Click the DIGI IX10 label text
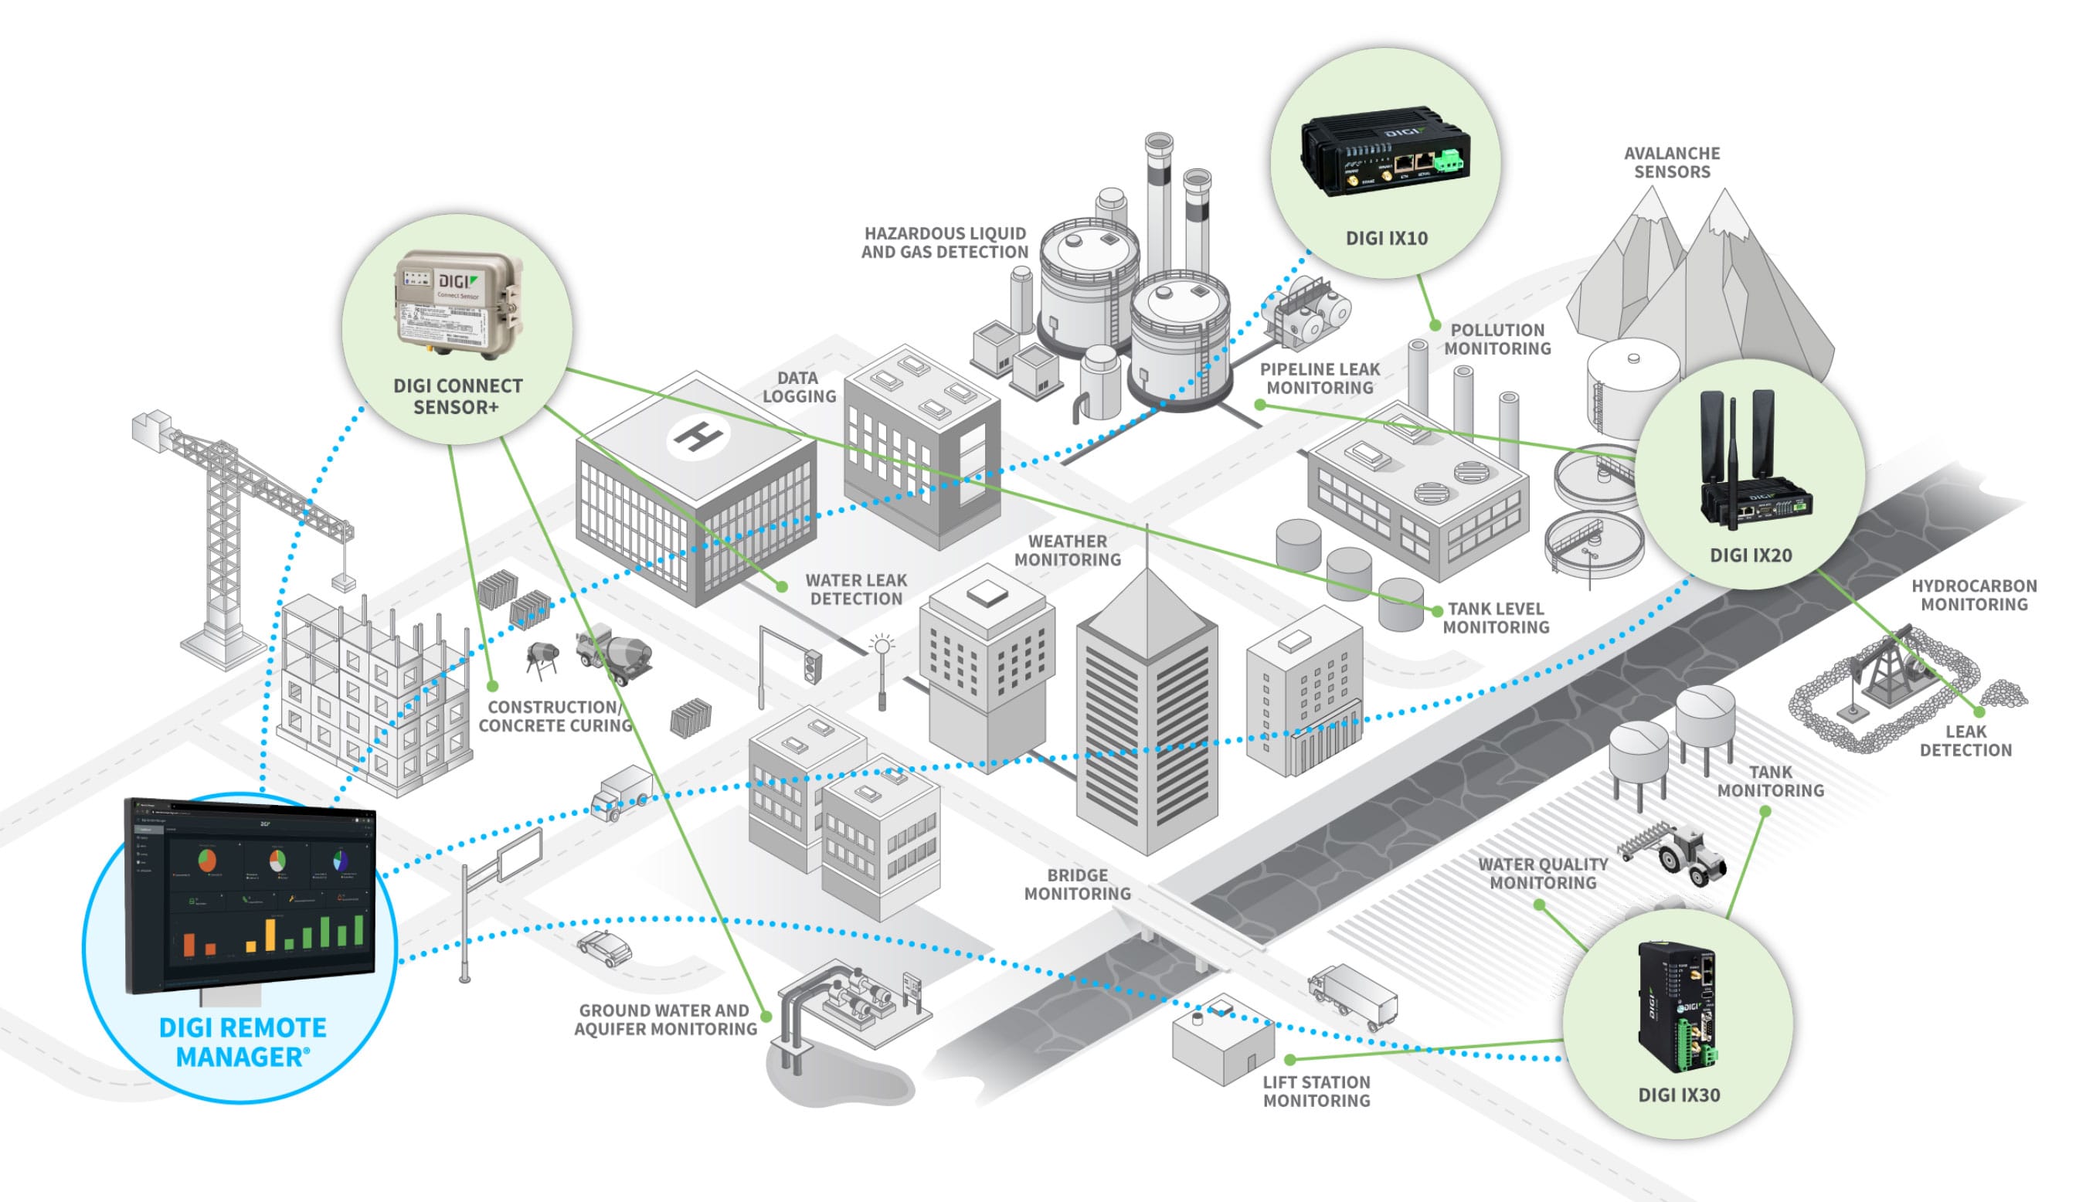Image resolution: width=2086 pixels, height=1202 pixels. (x=1386, y=239)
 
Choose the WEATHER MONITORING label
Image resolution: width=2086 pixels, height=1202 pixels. (x=1068, y=551)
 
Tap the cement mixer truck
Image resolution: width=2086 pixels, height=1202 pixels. (x=615, y=652)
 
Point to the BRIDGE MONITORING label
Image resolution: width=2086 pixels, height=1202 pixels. (x=1077, y=885)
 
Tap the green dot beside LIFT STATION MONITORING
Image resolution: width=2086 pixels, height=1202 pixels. (x=1290, y=1059)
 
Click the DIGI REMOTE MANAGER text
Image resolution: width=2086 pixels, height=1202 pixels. (x=243, y=1043)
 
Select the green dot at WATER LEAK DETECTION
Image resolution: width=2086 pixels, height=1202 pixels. (x=782, y=587)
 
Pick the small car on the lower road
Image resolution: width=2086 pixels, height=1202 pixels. (x=604, y=948)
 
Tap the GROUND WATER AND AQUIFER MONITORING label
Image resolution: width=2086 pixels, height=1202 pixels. (x=665, y=1020)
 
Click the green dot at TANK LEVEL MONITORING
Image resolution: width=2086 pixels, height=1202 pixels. (x=1437, y=611)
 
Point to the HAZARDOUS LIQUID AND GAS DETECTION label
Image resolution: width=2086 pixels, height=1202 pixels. (x=944, y=243)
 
